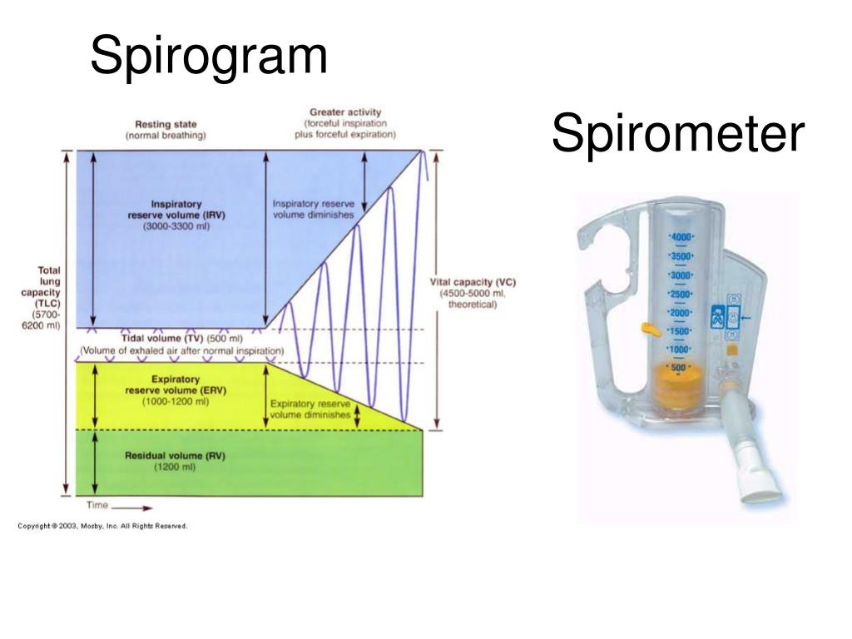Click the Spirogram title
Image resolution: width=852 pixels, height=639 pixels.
point(209,57)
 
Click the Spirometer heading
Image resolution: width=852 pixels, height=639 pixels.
point(678,134)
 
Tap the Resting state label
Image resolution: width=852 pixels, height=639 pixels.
point(166,129)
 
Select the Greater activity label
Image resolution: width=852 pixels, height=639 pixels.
point(345,122)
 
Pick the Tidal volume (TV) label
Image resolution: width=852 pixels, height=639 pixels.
point(181,339)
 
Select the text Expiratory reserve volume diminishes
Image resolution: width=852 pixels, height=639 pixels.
point(310,409)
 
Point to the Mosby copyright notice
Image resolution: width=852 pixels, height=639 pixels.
point(103,526)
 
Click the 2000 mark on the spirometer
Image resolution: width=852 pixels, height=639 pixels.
point(681,312)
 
